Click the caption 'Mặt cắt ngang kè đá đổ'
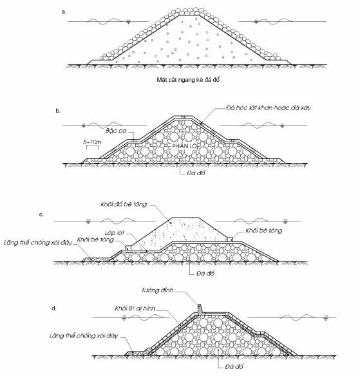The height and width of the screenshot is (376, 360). coord(188,80)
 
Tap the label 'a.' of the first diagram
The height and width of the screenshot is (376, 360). coord(64,12)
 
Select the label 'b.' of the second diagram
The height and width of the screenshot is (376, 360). coord(58,111)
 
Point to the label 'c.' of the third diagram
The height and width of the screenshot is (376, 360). coord(41,214)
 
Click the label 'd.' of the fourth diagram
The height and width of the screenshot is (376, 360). coord(53,308)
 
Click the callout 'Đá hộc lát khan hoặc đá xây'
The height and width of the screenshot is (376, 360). coord(269,108)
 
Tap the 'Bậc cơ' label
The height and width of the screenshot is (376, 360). coord(116,131)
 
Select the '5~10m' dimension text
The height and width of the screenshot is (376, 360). coord(92,142)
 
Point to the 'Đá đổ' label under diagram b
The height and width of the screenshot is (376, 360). coord(196,173)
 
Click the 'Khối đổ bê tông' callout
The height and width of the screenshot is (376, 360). coord(124,204)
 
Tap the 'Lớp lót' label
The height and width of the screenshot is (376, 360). coord(115,233)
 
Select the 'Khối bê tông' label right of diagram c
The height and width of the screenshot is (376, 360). coord(264,230)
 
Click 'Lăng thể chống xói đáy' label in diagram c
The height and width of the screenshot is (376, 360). coord(38,243)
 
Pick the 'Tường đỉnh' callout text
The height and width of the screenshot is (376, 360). coord(157,290)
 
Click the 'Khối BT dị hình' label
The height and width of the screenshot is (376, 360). coord(135,308)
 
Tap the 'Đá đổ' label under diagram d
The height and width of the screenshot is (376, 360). coord(234,366)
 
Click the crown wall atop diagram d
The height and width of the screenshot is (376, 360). coord(200,309)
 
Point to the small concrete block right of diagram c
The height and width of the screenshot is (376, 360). coord(230,240)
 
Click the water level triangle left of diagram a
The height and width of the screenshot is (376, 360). coord(129,22)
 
